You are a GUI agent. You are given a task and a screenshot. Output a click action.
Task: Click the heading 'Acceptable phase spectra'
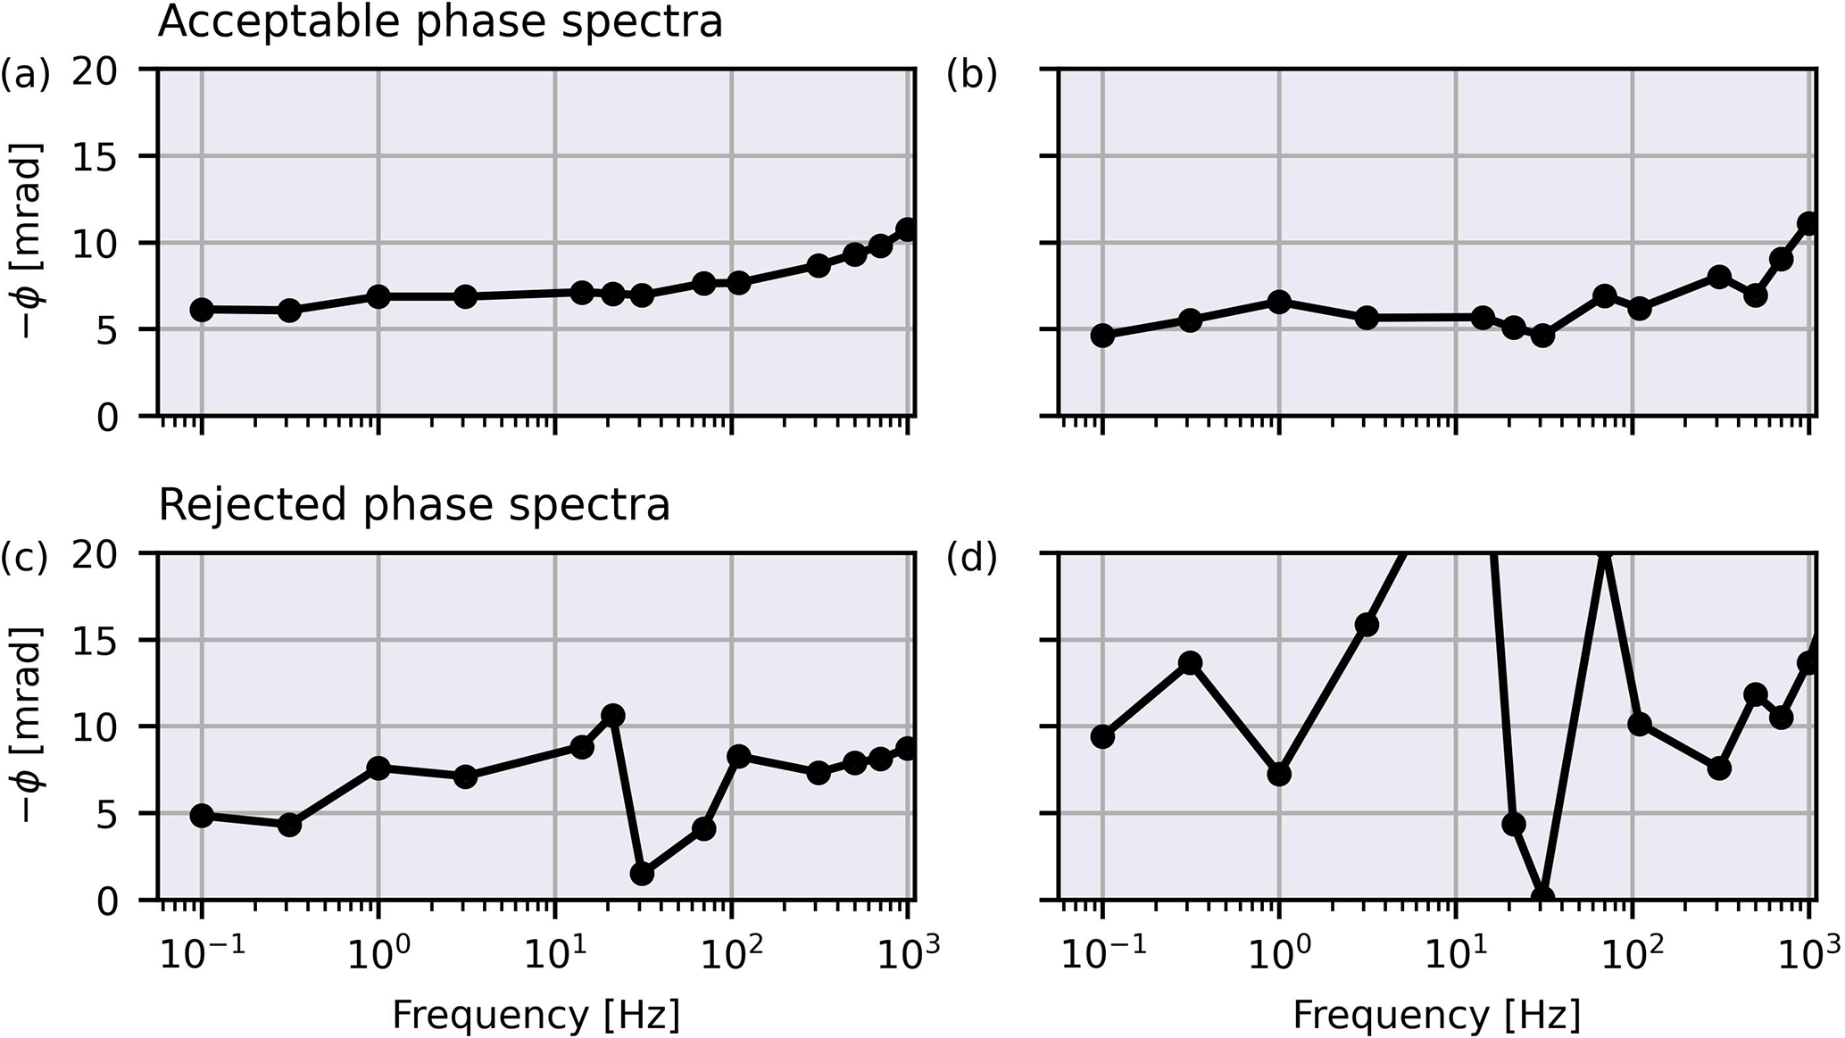(x=440, y=21)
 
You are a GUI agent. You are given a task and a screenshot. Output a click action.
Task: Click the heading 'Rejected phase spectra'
(x=414, y=505)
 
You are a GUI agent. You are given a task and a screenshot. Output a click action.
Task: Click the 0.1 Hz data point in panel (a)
(x=202, y=310)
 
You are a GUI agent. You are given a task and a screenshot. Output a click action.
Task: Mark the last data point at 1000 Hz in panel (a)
(x=907, y=229)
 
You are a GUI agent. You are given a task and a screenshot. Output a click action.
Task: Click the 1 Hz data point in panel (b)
(x=1279, y=302)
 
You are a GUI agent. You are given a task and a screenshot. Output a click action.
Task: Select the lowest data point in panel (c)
(x=642, y=874)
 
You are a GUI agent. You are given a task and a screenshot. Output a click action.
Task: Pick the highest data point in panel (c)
(x=612, y=715)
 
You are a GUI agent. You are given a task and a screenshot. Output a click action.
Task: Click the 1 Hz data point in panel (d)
(x=1279, y=774)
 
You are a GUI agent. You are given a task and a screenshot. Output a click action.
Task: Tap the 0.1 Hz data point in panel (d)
(x=1102, y=736)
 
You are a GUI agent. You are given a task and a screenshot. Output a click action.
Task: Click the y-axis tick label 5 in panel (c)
(x=107, y=814)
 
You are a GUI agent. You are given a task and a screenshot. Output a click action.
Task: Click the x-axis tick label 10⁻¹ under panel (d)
(x=1102, y=954)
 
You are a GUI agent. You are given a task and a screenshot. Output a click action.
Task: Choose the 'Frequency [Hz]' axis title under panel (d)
(x=1436, y=1016)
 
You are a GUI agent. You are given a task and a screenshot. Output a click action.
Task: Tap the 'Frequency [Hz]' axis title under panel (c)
(x=536, y=1016)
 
